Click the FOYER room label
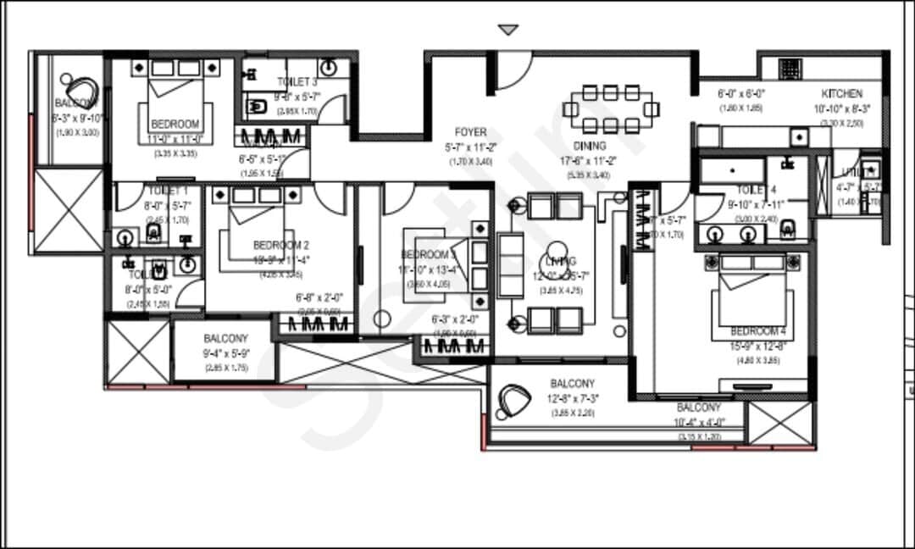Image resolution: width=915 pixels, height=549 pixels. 470,132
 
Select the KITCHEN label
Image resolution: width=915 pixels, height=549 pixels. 841,94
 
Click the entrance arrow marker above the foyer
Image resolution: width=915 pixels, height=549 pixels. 507,30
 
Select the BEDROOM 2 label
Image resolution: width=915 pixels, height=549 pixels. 280,246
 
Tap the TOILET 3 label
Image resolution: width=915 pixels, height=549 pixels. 297,81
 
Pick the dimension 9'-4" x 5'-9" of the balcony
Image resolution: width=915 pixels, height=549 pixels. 225,353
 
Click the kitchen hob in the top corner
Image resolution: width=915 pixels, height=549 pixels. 790,69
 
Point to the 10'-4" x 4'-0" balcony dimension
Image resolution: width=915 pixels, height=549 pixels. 699,422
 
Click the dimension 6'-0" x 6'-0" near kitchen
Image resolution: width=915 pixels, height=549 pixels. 742,94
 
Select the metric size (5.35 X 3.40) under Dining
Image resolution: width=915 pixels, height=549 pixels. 590,175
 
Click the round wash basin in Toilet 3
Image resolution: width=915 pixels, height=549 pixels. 330,68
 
